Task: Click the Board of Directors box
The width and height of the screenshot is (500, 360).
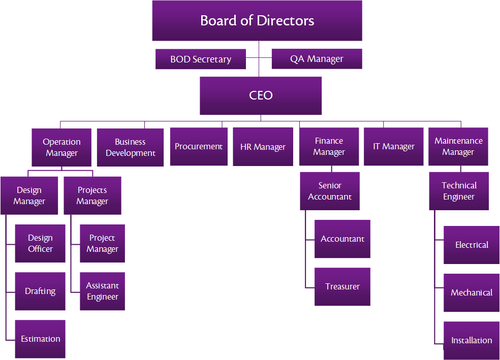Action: click(x=257, y=21)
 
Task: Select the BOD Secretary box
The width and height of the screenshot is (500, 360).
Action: click(x=201, y=59)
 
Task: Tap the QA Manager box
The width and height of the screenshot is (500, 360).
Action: click(x=317, y=59)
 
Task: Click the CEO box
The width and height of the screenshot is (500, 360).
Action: click(x=261, y=95)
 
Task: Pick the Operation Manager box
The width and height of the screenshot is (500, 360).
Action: click(x=61, y=147)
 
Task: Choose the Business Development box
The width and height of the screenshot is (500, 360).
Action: click(x=130, y=147)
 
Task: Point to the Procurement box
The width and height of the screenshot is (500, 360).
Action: click(x=199, y=147)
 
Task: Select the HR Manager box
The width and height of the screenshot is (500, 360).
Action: click(x=263, y=147)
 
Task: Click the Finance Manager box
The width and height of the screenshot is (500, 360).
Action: click(x=329, y=147)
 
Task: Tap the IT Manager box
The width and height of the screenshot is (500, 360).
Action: click(x=393, y=147)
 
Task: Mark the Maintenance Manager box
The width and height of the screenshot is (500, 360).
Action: click(x=458, y=147)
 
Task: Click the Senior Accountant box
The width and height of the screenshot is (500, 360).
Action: click(x=330, y=191)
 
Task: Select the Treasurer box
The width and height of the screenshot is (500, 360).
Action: click(x=342, y=287)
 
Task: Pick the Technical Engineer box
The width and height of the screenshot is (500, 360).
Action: click(x=459, y=191)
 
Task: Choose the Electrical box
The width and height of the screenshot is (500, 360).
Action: click(x=472, y=245)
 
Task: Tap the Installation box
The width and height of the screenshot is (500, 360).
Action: click(x=472, y=340)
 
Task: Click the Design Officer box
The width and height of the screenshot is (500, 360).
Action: click(x=40, y=243)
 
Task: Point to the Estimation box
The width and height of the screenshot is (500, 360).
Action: click(x=40, y=339)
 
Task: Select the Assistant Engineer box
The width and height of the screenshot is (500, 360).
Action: click(x=102, y=291)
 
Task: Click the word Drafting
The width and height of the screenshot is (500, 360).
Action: click(x=40, y=291)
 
